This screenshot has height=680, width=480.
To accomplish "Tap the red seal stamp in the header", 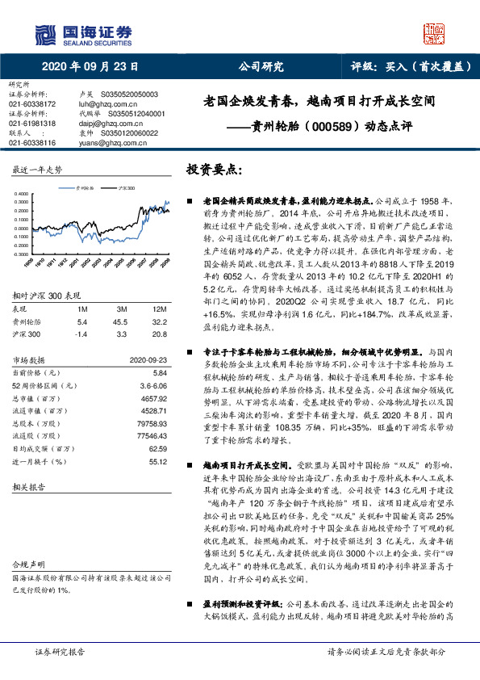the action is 435,33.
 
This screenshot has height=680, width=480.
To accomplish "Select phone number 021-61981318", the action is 31,124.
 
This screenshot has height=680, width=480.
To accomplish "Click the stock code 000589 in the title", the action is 314,127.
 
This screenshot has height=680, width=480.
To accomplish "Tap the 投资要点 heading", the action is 214,170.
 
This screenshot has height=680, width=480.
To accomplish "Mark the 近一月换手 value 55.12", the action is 157,461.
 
